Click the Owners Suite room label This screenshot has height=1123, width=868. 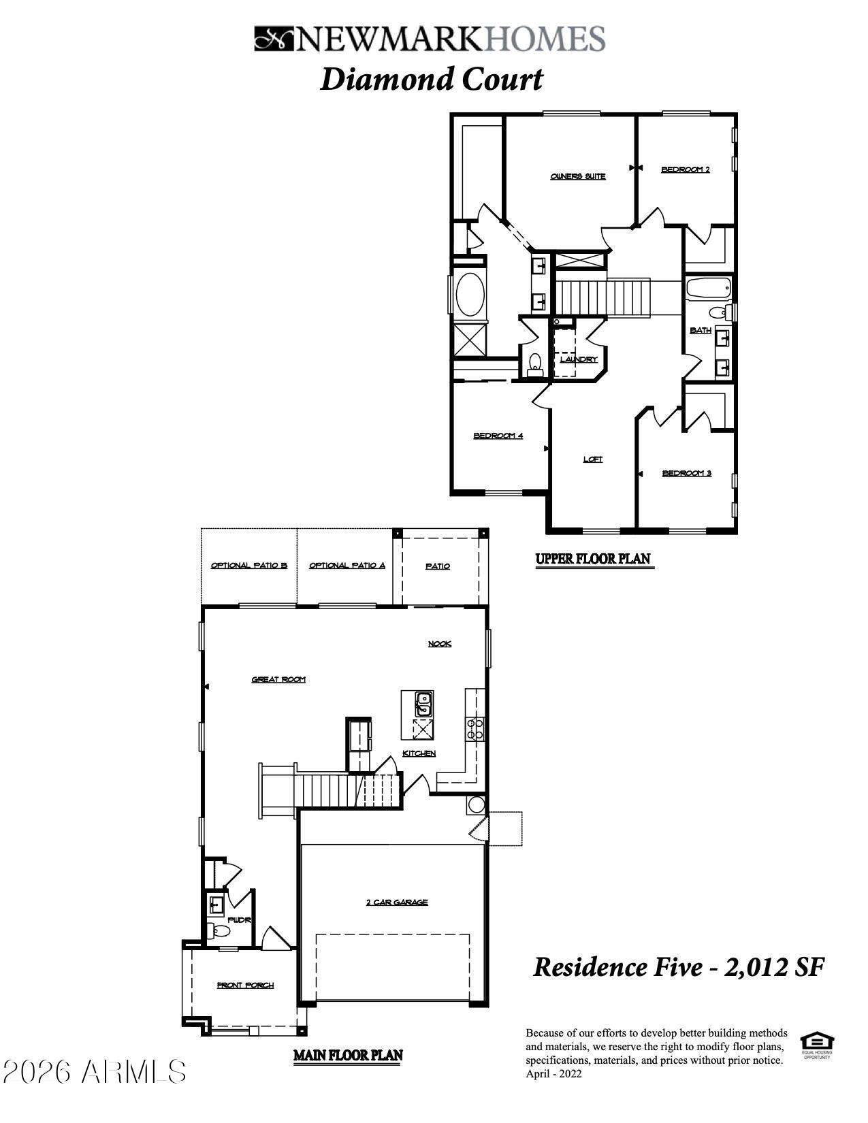click(577, 176)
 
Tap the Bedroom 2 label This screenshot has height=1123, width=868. click(685, 169)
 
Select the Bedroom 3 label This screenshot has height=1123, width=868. click(686, 473)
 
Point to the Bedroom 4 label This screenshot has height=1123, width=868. click(498, 436)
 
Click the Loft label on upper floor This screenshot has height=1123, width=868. click(592, 459)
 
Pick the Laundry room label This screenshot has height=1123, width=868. click(579, 359)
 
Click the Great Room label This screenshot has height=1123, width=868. click(278, 679)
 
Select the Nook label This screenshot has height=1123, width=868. click(439, 644)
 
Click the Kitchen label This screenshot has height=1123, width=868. click(419, 753)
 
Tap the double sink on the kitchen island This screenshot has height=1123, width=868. click(423, 703)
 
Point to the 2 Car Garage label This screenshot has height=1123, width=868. click(397, 902)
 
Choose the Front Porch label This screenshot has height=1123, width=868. click(245, 985)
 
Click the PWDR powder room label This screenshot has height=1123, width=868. click(240, 919)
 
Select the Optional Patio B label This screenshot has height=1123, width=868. click(248, 566)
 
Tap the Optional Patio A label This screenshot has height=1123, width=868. click(347, 566)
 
